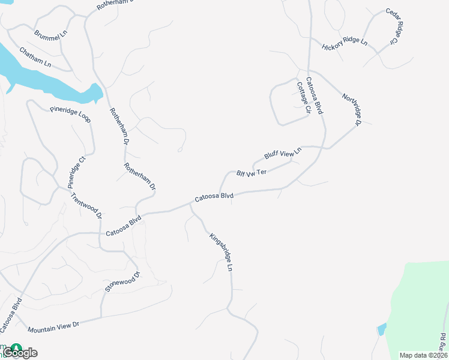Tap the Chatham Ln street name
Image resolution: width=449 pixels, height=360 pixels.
coord(35,57)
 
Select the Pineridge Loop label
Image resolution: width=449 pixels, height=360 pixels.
coord(70,114)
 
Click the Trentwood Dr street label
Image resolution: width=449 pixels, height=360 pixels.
coord(86,206)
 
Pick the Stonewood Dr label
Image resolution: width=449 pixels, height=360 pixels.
coord(122,282)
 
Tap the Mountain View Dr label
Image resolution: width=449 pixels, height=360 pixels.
coord(53,327)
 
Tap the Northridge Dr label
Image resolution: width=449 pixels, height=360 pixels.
coord(351,110)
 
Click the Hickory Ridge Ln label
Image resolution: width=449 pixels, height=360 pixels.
coord(344,43)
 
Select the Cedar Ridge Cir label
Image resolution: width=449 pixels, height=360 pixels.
coord(392,27)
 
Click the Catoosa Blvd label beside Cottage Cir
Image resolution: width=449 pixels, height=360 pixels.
coord(315,96)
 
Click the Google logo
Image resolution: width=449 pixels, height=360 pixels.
coord(20,352)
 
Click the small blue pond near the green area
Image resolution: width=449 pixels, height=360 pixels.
coord(381,329)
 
